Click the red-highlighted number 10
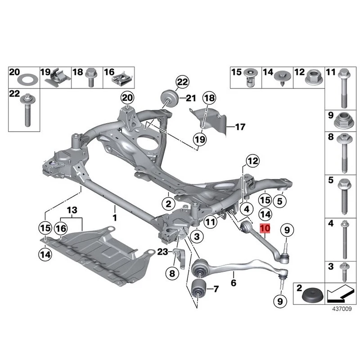click(265, 229)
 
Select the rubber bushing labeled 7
click(198, 288)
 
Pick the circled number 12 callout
click(253, 161)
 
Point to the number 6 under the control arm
click(233, 283)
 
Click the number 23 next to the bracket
click(162, 251)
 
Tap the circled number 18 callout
click(209, 98)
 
